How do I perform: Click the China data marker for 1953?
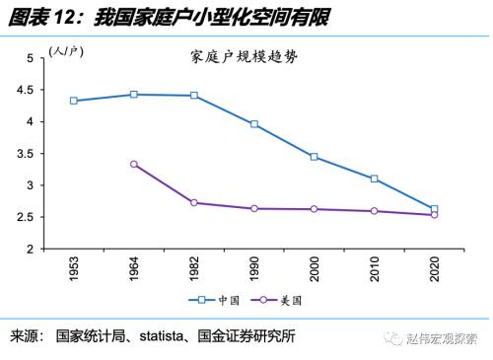pos(73,101)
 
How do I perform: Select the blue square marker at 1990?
pos(254,124)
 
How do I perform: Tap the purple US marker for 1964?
pos(133,164)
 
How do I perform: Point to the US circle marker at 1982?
pos(193,202)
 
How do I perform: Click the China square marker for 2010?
pos(375,179)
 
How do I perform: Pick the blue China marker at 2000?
pos(315,157)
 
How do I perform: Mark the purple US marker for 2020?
pos(434,214)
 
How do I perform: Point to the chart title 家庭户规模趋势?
pos(244,57)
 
